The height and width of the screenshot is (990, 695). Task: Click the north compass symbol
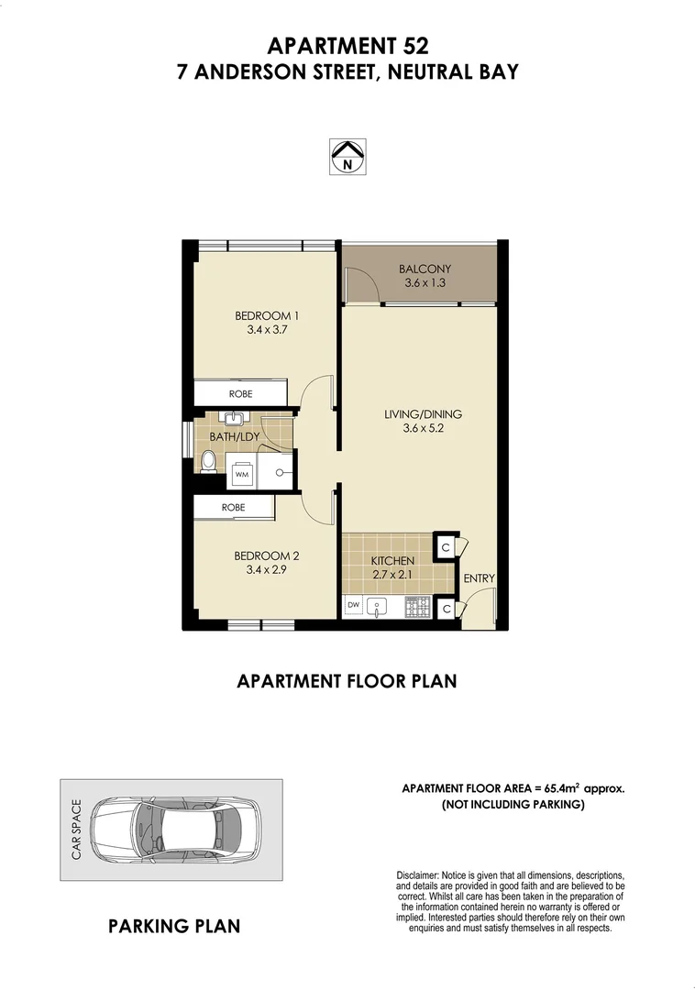coord(347,156)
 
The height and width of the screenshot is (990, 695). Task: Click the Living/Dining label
coord(422,414)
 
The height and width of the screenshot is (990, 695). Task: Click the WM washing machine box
coord(242,475)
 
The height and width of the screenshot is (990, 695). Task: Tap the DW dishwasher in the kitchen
coord(353,606)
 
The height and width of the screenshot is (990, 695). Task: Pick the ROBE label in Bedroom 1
coord(241,393)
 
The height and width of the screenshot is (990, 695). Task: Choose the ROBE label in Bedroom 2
coord(234,507)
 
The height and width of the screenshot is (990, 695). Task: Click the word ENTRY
coord(479,578)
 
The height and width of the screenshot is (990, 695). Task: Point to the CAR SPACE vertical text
coord(77,830)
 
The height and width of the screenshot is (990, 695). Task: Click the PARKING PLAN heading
coord(174,926)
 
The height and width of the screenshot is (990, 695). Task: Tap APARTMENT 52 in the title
coord(347,45)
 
